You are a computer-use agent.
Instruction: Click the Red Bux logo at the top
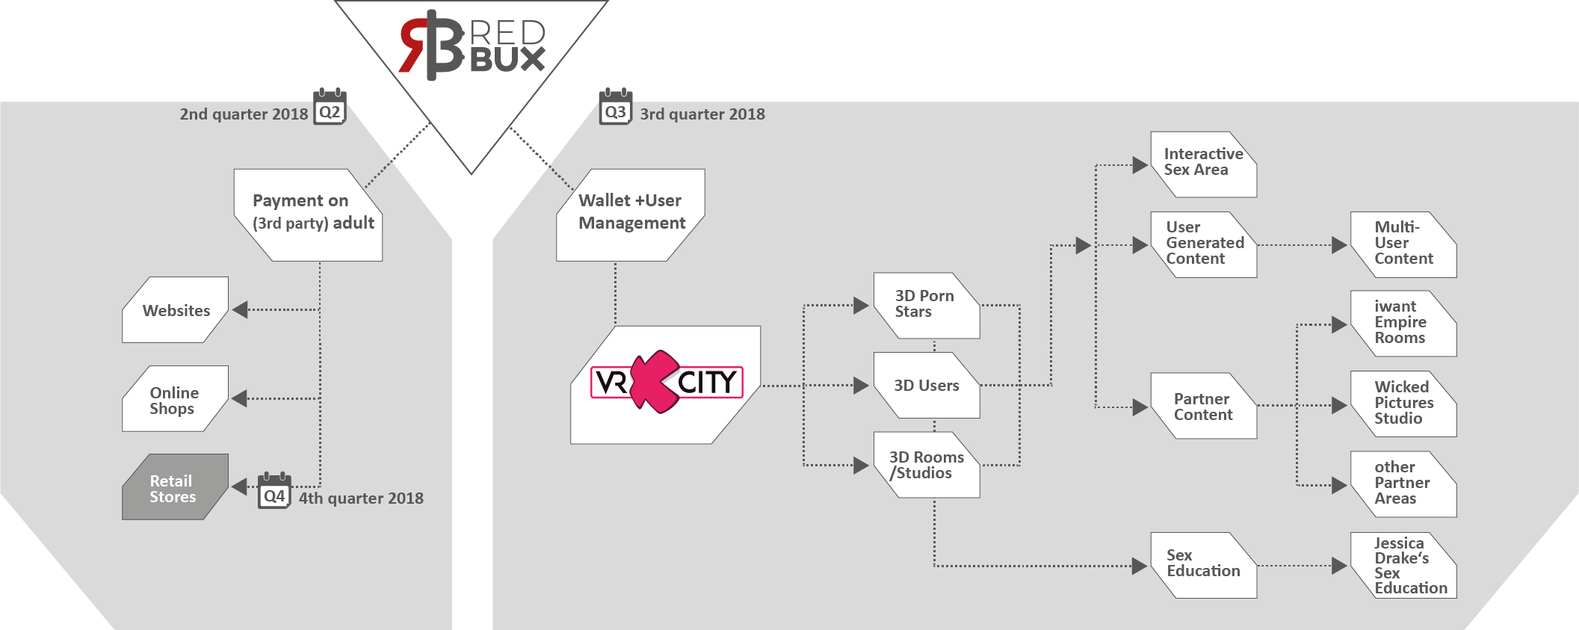tap(472, 45)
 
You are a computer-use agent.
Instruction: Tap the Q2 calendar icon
tap(330, 107)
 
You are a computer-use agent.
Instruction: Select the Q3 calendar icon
tap(615, 107)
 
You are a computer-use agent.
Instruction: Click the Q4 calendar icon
tap(274, 491)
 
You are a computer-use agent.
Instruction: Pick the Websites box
tap(176, 310)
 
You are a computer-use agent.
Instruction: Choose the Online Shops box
tap(175, 399)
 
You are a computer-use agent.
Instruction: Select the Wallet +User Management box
tap(631, 215)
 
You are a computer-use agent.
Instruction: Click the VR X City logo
tap(666, 383)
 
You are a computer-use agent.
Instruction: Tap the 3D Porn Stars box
tap(927, 305)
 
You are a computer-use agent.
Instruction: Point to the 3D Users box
tap(927, 386)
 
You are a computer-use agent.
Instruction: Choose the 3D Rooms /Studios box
tap(927, 465)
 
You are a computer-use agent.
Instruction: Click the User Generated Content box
tap(1204, 244)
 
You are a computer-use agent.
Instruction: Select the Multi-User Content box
tap(1403, 244)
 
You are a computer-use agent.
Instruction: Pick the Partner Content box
tap(1203, 407)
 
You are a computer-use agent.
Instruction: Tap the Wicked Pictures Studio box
tap(1403, 404)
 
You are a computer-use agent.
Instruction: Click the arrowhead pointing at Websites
tap(240, 309)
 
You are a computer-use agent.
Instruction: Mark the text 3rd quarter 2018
tap(702, 114)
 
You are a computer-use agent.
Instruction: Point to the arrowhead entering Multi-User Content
tap(1339, 245)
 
